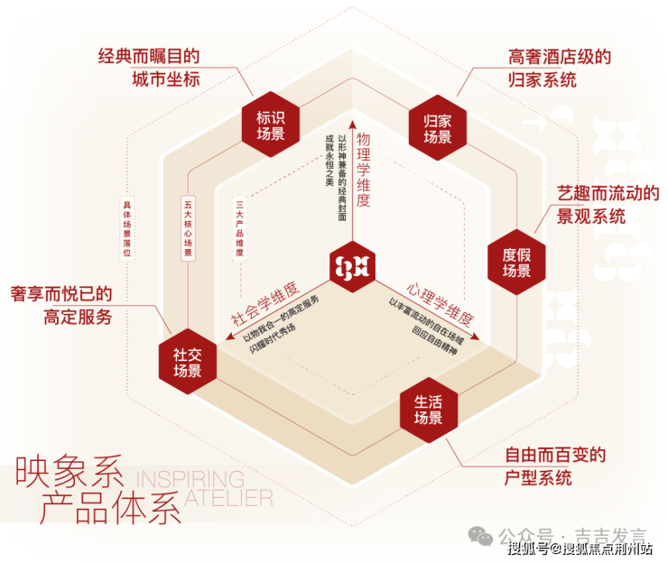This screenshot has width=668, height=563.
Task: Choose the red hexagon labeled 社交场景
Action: coord(188,362)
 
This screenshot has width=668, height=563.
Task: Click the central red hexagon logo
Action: coord(352,266)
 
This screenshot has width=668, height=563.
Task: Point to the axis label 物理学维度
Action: coord(364,172)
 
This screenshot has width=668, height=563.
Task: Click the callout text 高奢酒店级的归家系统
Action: coord(554,69)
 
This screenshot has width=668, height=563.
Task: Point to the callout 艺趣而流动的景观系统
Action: coord(605,205)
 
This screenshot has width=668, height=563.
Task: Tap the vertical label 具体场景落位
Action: coord(127,230)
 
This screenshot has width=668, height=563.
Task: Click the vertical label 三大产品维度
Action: coord(239,230)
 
